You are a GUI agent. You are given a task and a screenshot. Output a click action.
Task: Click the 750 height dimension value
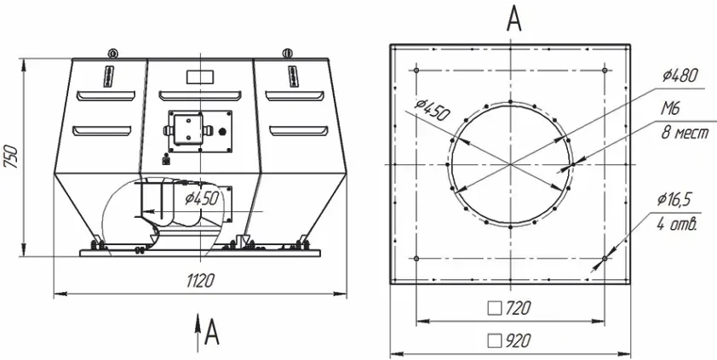point(11,157)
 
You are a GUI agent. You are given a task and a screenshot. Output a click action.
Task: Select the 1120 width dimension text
point(200,281)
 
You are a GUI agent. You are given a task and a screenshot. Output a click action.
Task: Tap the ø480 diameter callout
point(681,76)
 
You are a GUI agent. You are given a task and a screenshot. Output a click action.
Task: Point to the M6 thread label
point(670,109)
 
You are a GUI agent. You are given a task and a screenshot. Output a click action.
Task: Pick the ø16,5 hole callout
point(676,200)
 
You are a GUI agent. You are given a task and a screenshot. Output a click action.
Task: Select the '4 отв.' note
point(677,225)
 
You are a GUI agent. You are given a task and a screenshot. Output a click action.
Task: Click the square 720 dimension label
point(509,309)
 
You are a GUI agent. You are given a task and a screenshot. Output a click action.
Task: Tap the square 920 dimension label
point(509,340)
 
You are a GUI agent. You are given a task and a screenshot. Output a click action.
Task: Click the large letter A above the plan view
point(514,20)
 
